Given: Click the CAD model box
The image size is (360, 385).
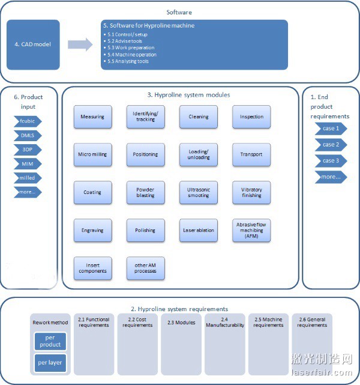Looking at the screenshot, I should click(x=33, y=44).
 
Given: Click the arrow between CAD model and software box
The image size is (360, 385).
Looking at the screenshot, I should click(x=80, y=44).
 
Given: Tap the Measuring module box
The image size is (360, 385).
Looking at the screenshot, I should click(x=92, y=117).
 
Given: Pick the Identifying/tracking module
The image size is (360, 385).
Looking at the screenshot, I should click(x=145, y=117).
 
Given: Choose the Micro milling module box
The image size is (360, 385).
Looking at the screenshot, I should click(x=92, y=154).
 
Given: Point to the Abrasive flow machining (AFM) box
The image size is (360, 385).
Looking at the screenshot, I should click(x=251, y=230).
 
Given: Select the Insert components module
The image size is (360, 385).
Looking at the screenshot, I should click(x=92, y=268).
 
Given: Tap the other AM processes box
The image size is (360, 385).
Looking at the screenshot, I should click(x=145, y=268).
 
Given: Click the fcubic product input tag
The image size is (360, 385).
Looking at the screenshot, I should click(x=28, y=121).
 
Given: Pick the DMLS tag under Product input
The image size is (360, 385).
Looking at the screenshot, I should click(x=28, y=135).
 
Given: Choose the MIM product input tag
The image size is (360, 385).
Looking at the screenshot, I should click(x=28, y=163).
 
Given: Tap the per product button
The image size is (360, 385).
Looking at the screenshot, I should click(x=50, y=342).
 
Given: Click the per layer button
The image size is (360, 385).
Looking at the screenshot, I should click(x=50, y=363).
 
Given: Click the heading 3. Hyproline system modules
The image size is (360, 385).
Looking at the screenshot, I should click(x=180, y=95).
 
